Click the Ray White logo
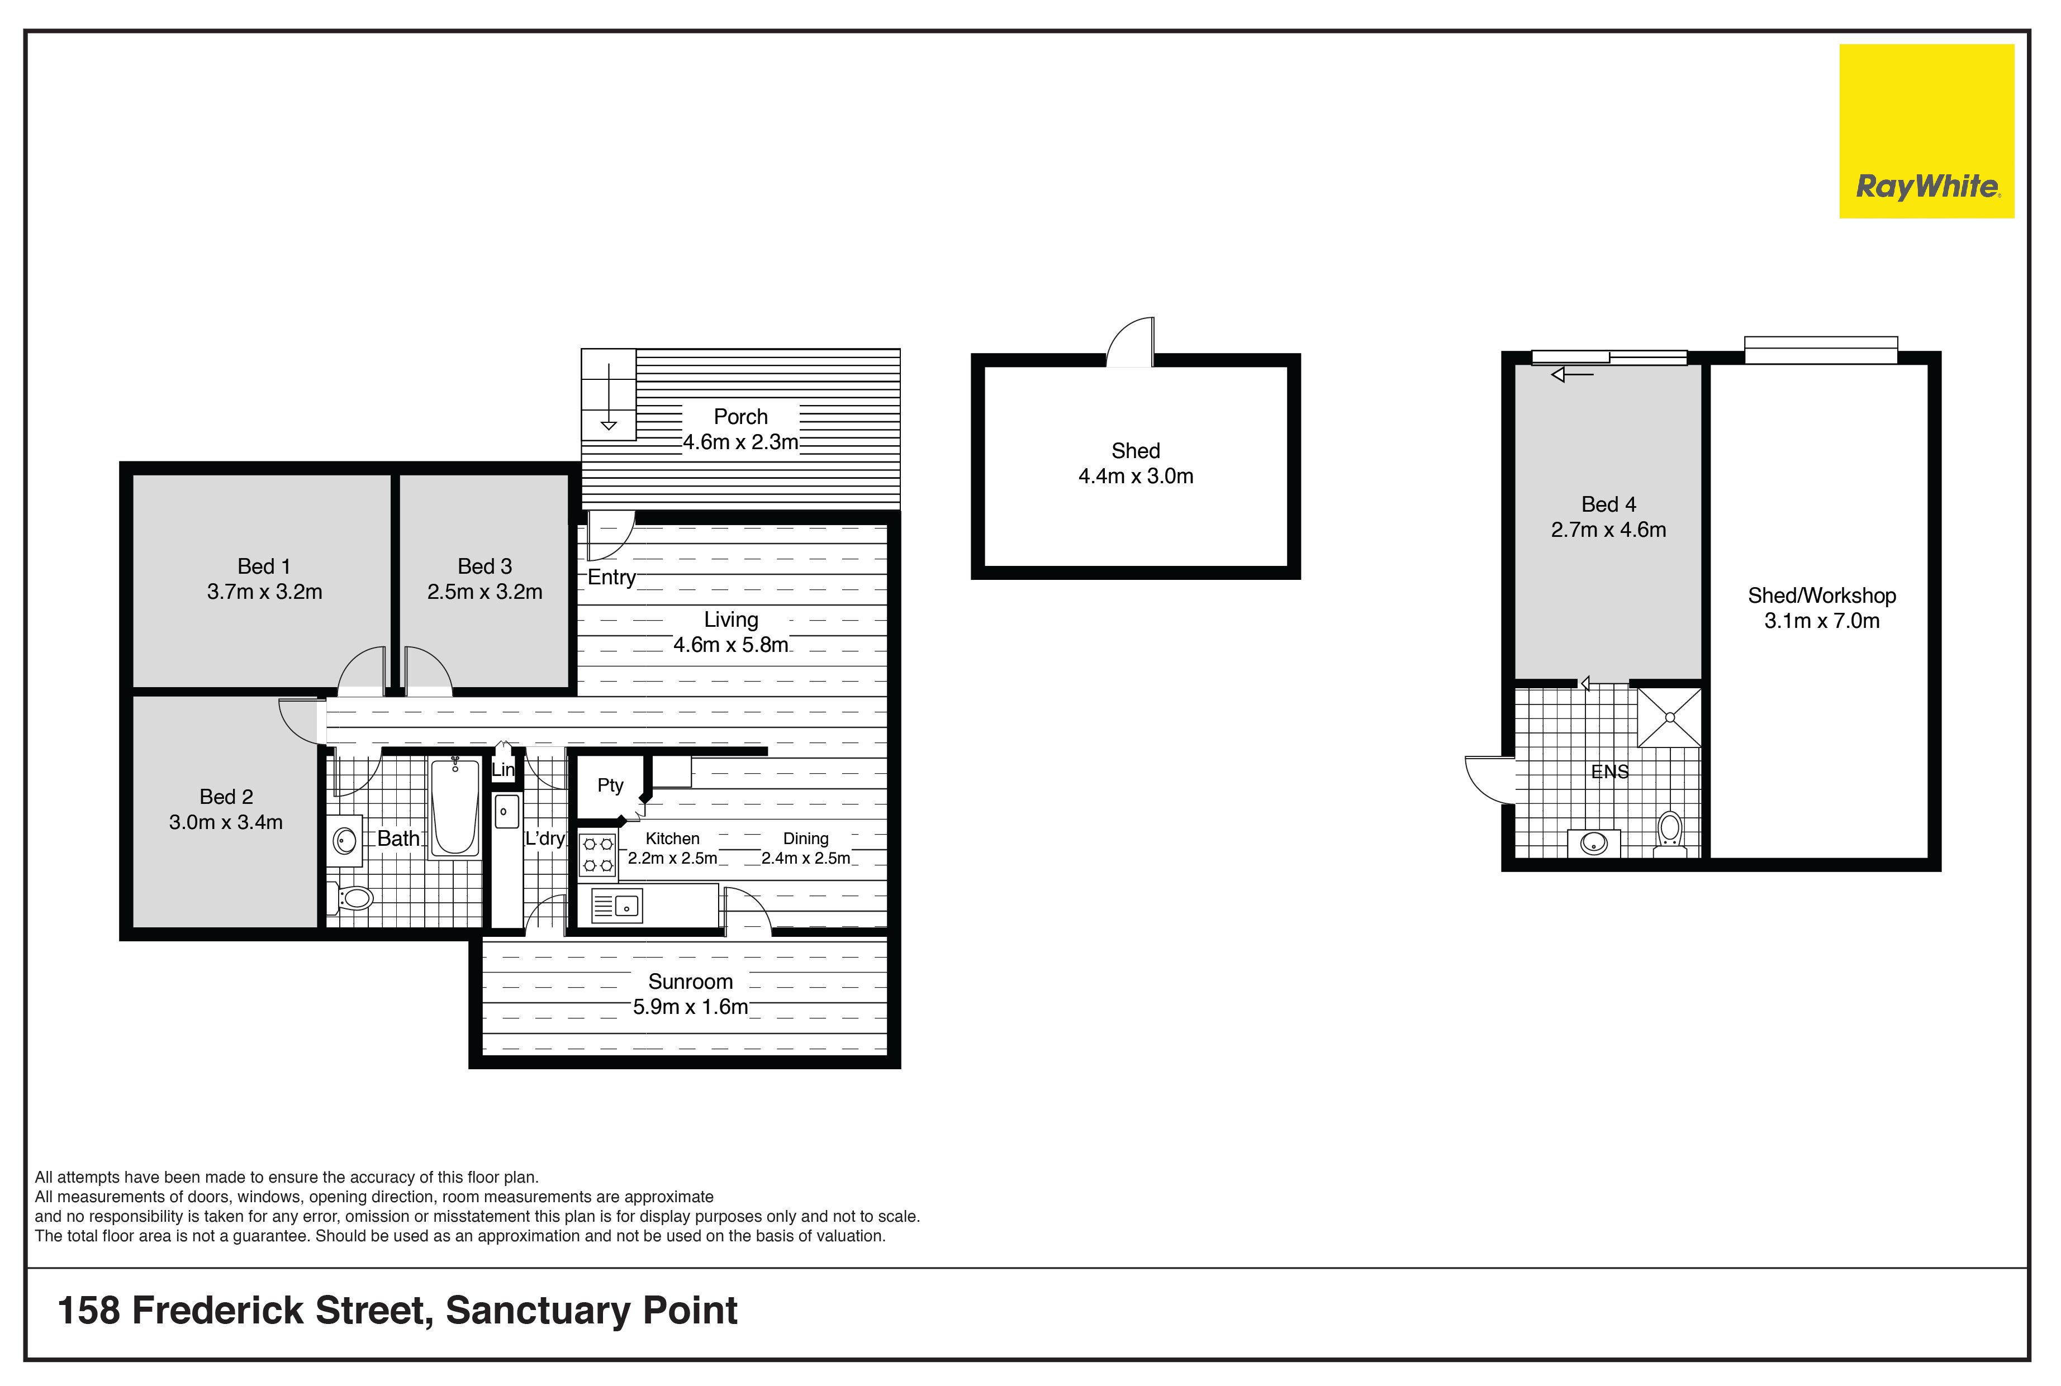coord(1927,131)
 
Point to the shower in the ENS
coord(1669,717)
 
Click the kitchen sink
coord(616,905)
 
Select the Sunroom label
coord(691,981)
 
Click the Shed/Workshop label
coord(1821,596)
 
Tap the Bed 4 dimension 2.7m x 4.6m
coord(1608,530)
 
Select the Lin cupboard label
coord(502,770)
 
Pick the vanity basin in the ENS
coord(1593,843)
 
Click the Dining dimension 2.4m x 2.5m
coord(805,858)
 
